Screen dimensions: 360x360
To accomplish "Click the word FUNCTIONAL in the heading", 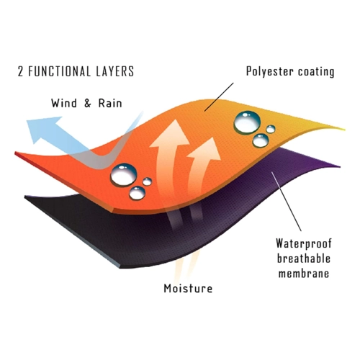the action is coord(60,71).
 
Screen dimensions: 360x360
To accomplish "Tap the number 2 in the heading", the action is coord(20,71).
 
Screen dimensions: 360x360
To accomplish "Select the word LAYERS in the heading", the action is coord(115,71).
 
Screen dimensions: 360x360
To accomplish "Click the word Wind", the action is coord(64,103).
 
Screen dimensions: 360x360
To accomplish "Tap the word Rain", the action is coord(110,103).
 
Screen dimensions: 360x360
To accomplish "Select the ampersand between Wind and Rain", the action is coord(88,104).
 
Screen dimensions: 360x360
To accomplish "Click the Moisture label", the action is coord(188,288).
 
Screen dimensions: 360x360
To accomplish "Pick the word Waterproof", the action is coord(304,243).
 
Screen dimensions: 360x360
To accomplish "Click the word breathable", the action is coord(304,258).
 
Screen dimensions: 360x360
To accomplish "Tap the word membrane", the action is coord(304,274).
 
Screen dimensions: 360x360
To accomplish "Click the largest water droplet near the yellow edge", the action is coord(247,122).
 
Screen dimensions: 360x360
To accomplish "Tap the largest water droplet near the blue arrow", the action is coord(124,175).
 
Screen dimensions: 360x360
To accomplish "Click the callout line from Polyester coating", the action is coord(219,97).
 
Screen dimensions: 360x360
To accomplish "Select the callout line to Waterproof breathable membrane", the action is coord(287,201).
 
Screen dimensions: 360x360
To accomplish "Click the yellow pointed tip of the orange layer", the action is coord(343,130).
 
